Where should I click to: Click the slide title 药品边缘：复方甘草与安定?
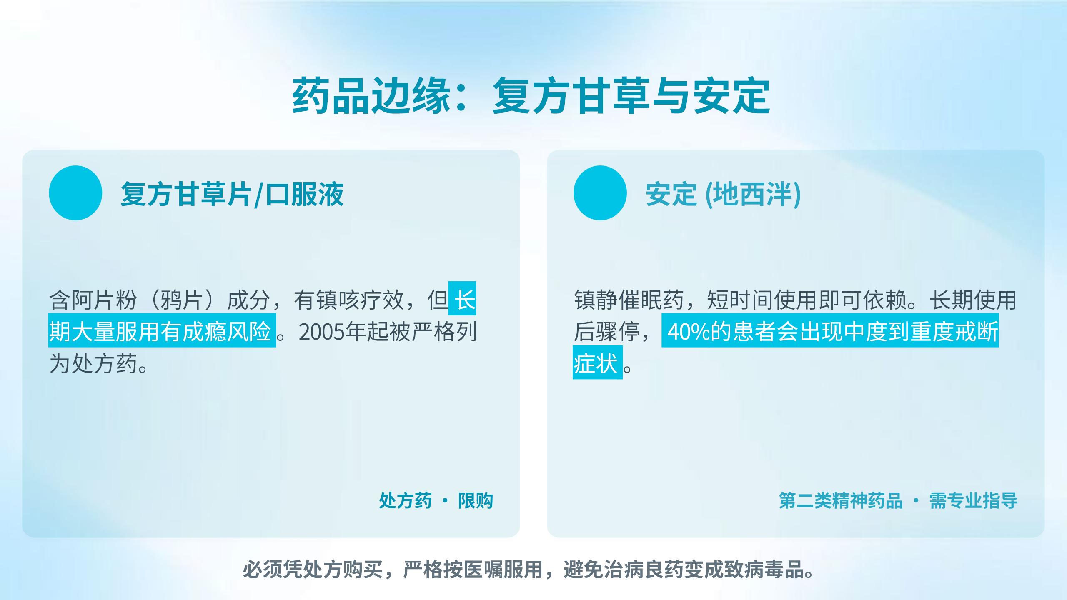click(531, 96)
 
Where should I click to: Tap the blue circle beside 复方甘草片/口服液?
click(75, 193)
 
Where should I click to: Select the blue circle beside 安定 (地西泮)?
click(600, 193)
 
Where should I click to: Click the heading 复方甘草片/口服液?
click(232, 194)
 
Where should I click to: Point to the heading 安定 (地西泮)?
click(723, 194)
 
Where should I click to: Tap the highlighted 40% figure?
click(688, 332)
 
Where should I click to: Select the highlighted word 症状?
click(596, 364)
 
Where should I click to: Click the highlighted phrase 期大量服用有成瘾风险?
click(160, 332)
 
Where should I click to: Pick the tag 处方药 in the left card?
click(406, 500)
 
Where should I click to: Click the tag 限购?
click(476, 500)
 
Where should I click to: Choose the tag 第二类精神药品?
click(841, 500)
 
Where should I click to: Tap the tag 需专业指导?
click(973, 500)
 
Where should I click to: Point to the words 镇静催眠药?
click(629, 300)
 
